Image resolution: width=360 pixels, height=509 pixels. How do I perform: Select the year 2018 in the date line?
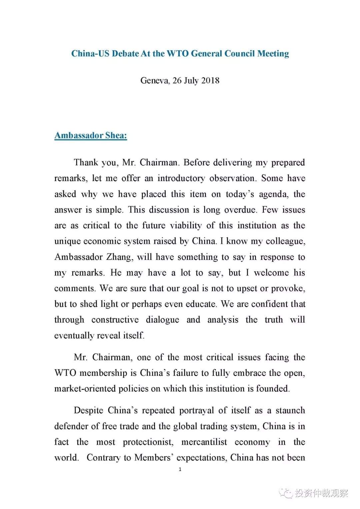click(x=210, y=80)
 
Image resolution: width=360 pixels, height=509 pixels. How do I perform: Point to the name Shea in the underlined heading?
click(x=116, y=135)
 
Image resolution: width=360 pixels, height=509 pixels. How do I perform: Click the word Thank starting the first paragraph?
click(x=86, y=162)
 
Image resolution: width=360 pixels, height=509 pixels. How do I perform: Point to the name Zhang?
click(x=119, y=257)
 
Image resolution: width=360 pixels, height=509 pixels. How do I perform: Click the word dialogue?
click(x=162, y=320)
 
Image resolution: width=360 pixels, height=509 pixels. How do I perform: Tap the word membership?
click(x=103, y=373)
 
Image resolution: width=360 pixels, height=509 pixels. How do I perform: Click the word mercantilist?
click(x=204, y=442)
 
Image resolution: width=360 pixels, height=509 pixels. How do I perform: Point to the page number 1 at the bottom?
click(x=180, y=469)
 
